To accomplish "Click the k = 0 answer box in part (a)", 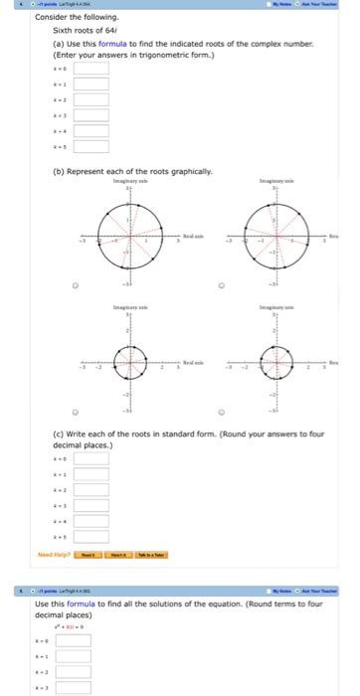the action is pyautogui.click(x=90, y=70).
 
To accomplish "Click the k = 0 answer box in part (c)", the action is pyautogui.click(x=90, y=459).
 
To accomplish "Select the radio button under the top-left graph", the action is pyautogui.click(x=74, y=283).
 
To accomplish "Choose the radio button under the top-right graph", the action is pyautogui.click(x=221, y=283).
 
